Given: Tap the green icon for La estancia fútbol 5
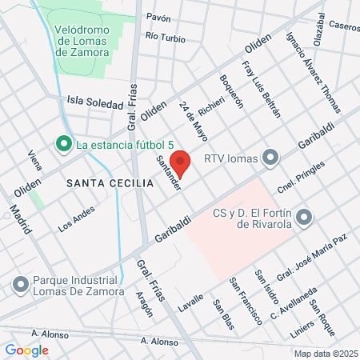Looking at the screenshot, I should [63, 145].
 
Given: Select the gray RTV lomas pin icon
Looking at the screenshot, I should [271, 157].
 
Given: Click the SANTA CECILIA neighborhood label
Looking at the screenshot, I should [110, 183].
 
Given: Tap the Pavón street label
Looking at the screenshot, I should [159, 17].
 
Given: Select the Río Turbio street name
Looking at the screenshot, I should [166, 38].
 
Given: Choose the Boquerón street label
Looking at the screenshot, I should [232, 92].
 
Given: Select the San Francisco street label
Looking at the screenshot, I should [245, 300].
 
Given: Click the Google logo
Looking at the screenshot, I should [26, 350].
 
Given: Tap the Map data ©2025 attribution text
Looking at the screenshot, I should [325, 354].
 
